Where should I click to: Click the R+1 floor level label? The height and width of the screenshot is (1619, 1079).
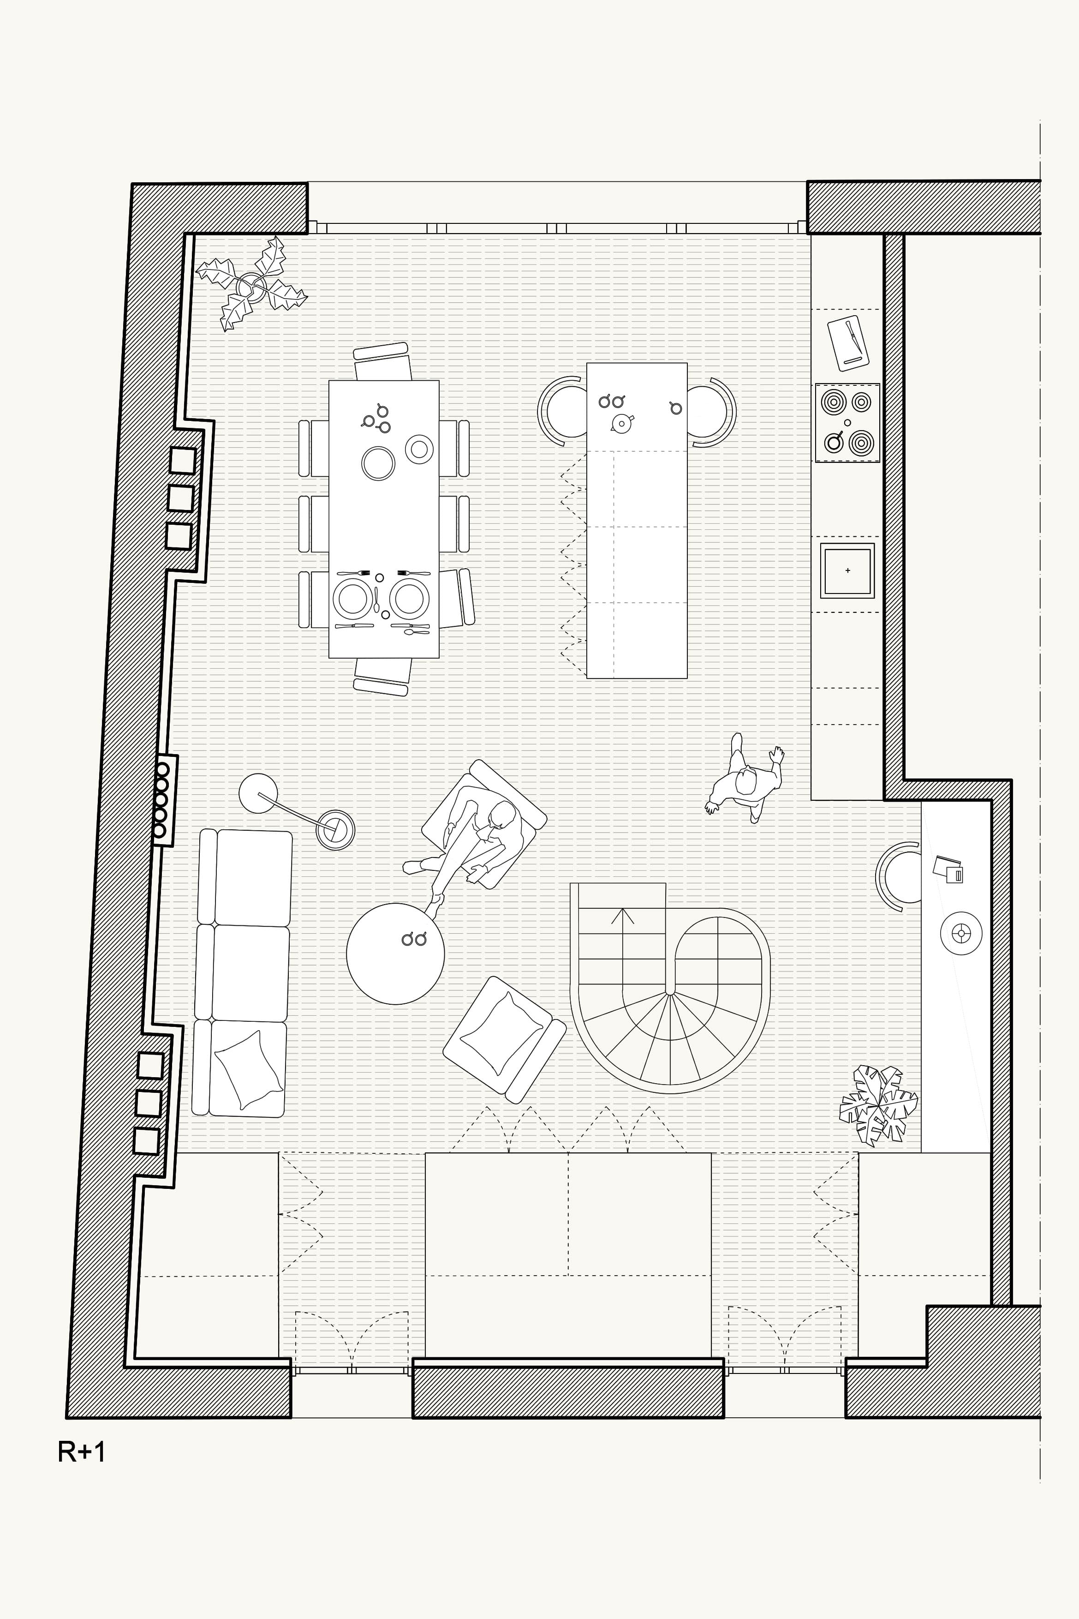coord(82,1452)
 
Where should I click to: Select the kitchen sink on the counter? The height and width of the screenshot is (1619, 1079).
coord(847,570)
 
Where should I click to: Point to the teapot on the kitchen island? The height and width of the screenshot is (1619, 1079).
coord(621,423)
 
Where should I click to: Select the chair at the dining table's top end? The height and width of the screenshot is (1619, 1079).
coord(382,361)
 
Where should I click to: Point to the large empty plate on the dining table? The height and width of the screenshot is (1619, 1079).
coord(378,462)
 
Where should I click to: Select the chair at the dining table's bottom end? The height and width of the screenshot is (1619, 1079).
coord(382,677)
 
